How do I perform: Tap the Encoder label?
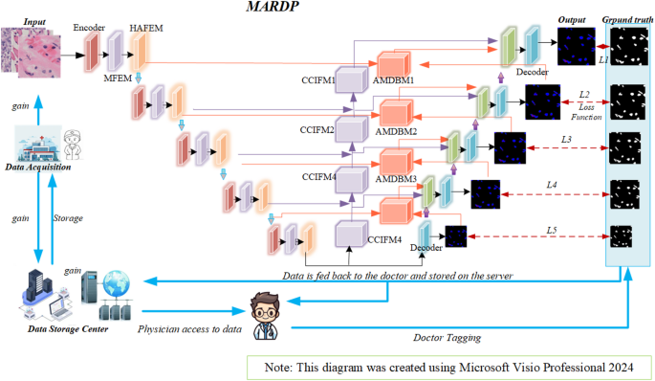point(90,27)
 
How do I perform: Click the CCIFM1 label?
point(318,81)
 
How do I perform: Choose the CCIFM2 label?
point(318,129)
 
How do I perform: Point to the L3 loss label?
point(566,141)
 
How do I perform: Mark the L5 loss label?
point(551,230)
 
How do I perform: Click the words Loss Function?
point(584,111)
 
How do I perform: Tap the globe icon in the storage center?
point(119,284)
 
